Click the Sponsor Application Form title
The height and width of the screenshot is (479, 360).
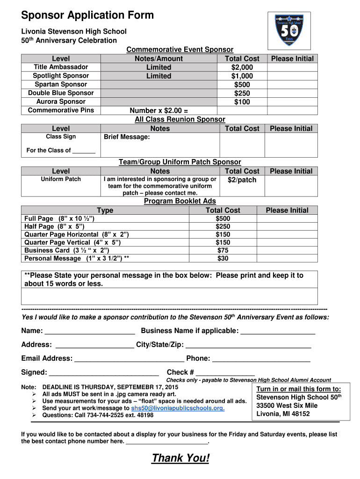[87, 15]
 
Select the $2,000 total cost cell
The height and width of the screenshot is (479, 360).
[242, 67]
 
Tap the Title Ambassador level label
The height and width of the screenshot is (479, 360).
[61, 67]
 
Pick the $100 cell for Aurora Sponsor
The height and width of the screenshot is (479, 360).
[242, 102]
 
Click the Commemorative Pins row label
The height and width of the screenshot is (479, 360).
[61, 110]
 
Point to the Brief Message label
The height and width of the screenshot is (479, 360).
[127, 137]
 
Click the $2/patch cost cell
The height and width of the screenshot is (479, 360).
[242, 180]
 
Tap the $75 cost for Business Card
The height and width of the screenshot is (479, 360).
[223, 250]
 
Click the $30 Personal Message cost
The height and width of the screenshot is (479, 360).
[223, 258]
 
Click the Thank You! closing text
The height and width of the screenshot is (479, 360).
[180, 458]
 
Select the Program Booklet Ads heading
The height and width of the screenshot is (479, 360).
[180, 201]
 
